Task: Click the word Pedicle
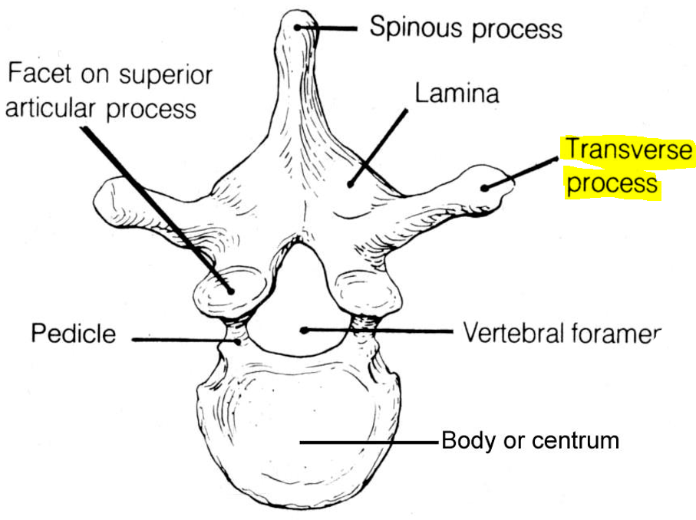pos(74,334)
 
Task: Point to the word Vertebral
pos(512,334)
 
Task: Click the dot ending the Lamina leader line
pos(350,183)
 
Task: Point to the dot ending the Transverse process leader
pos(485,186)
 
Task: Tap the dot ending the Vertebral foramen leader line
pos(305,331)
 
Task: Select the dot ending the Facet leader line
pos(229,289)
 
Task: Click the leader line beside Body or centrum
pos(368,442)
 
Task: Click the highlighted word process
pos(612,184)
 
